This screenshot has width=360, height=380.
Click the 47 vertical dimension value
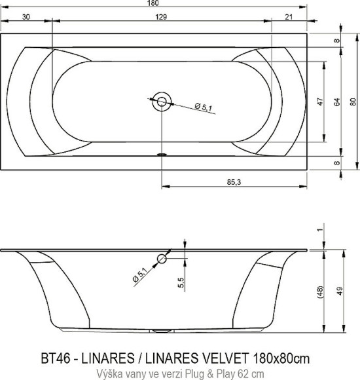pyautogui.click(x=320, y=102)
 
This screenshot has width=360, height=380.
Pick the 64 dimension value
pyautogui.click(x=337, y=102)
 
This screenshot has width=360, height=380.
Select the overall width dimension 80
pyautogui.click(x=353, y=102)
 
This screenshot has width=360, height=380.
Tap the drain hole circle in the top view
pyautogui.click(x=161, y=101)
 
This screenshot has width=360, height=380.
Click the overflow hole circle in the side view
pyautogui.click(x=162, y=259)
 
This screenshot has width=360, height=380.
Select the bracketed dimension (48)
pyautogui.click(x=320, y=292)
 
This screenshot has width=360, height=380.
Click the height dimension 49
pyautogui.click(x=338, y=292)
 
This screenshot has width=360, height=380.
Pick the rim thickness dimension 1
pyautogui.click(x=320, y=229)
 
